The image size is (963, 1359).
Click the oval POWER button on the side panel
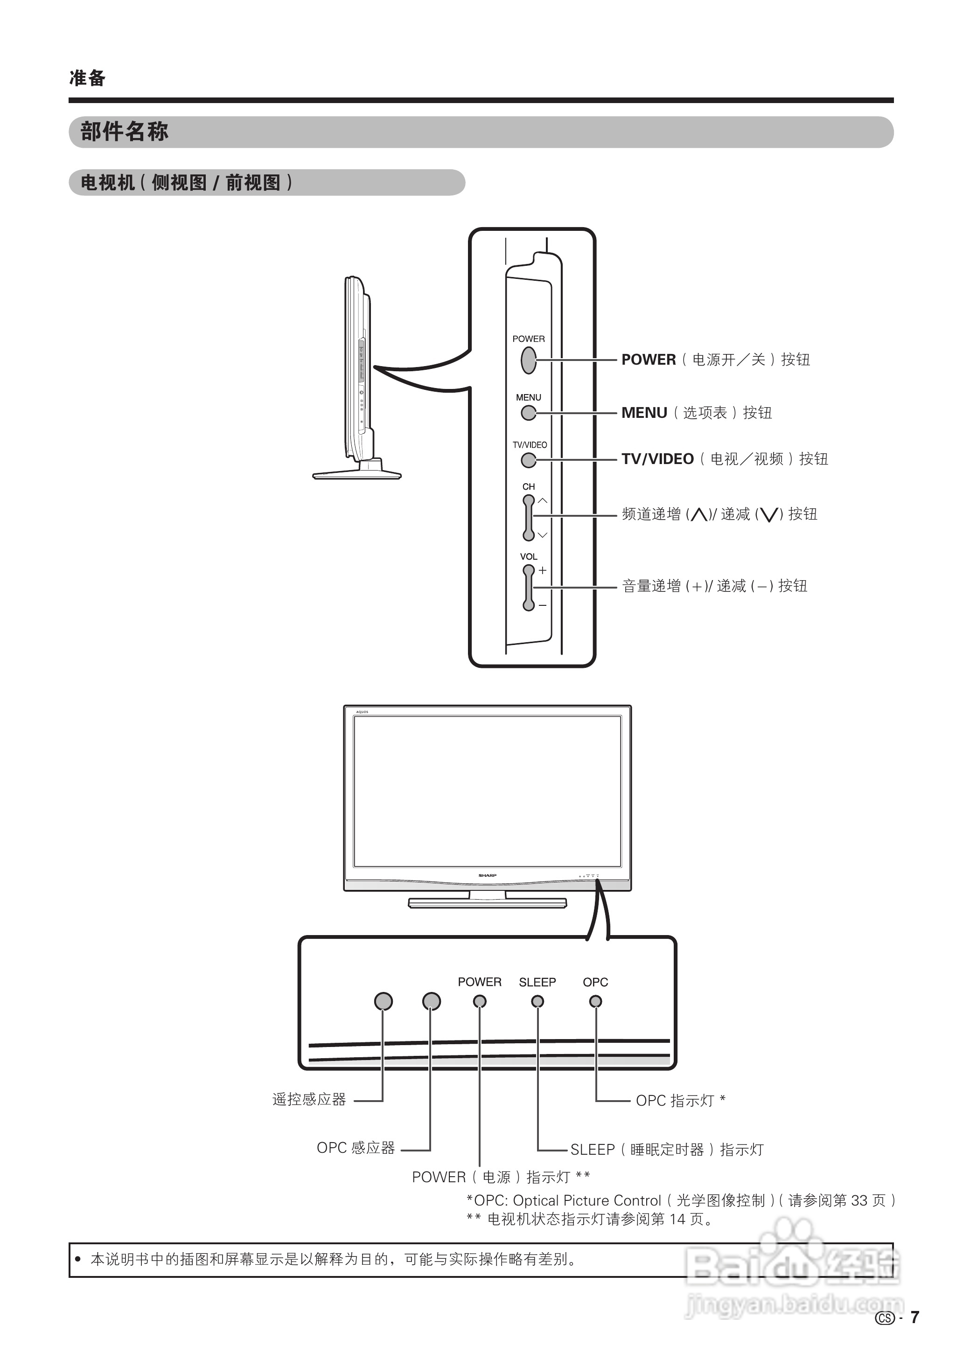pyautogui.click(x=528, y=360)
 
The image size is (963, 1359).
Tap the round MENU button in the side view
pyautogui.click(x=528, y=413)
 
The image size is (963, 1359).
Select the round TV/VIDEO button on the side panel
pyautogui.click(x=528, y=460)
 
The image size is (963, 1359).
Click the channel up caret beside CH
pyautogui.click(x=542, y=501)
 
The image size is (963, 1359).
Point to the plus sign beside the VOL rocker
pyautogui.click(x=542, y=570)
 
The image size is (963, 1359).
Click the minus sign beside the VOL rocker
pyautogui.click(x=542, y=606)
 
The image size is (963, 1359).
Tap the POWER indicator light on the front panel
pyautogui.click(x=480, y=1001)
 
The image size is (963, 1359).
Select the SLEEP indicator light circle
pyautogui.click(x=537, y=1001)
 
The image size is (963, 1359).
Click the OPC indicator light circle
pyautogui.click(x=595, y=1001)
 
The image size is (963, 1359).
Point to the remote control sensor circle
pyautogui.click(x=384, y=1001)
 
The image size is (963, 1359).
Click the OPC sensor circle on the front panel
pyautogui.click(x=432, y=1001)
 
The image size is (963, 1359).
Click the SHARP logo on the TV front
pyautogui.click(x=488, y=875)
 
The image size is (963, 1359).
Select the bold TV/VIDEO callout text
pyautogui.click(x=657, y=459)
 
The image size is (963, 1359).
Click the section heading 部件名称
pyautogui.click(x=125, y=132)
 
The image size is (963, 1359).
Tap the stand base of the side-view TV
pyautogui.click(x=357, y=474)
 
